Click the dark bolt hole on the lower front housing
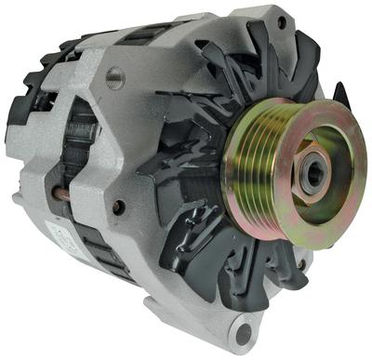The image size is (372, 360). tap(119, 207)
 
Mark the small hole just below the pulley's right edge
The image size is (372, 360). tap(300, 264)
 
